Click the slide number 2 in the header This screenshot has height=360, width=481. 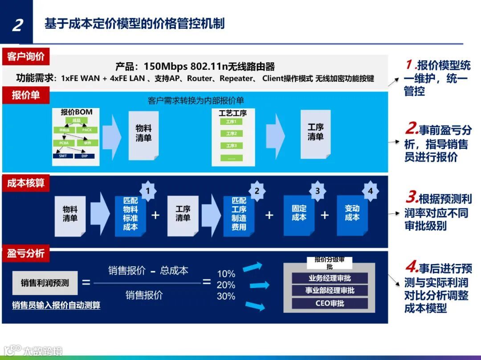[x=17, y=24]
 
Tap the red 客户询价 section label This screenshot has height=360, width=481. [x=26, y=57]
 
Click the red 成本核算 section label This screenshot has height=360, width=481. [x=26, y=183]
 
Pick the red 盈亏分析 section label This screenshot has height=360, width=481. [x=26, y=253]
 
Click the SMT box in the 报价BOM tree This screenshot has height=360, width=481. [x=63, y=156]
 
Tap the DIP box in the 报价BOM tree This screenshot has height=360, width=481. [x=84, y=156]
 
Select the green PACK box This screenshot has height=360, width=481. [x=86, y=130]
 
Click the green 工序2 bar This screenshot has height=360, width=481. [x=231, y=133]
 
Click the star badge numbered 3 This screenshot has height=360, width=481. [x=317, y=191]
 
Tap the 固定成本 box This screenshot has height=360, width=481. [x=299, y=213]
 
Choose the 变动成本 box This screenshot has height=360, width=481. [x=352, y=213]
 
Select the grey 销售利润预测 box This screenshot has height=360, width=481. [x=45, y=283]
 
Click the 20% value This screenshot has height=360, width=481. [x=226, y=285]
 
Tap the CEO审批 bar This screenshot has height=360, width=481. [x=330, y=304]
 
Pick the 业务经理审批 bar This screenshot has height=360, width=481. [x=330, y=279]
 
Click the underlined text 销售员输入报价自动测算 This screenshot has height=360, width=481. [x=56, y=305]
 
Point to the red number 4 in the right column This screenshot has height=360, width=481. [x=411, y=268]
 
